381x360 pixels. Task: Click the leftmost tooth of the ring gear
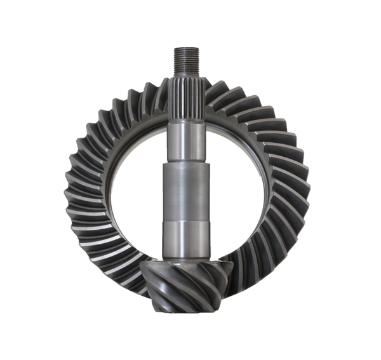click(x=72, y=184)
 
